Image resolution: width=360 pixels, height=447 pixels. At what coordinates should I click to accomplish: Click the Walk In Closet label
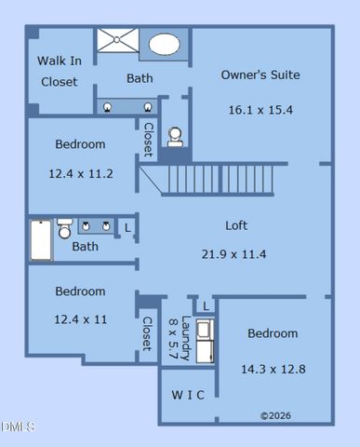pyautogui.click(x=59, y=71)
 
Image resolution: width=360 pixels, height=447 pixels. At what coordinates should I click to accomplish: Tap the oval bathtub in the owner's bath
pyautogui.click(x=165, y=44)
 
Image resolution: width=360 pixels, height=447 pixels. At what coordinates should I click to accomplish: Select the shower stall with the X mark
pyautogui.click(x=118, y=41)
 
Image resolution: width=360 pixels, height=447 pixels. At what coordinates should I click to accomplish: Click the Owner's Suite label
pyautogui.click(x=260, y=74)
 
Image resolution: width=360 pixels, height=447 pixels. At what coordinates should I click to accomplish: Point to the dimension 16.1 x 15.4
pyautogui.click(x=260, y=109)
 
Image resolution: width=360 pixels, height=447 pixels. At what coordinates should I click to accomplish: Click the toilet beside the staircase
pyautogui.click(x=174, y=137)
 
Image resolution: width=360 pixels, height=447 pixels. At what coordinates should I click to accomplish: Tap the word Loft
pyautogui.click(x=236, y=225)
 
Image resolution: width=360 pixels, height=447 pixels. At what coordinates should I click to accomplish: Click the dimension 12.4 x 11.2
pyautogui.click(x=80, y=173)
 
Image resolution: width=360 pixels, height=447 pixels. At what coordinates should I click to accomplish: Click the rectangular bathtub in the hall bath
pyautogui.click(x=42, y=240)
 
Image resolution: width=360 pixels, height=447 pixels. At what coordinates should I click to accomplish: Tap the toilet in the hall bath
pyautogui.click(x=65, y=228)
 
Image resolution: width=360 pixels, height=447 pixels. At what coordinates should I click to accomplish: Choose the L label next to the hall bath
pyautogui.click(x=127, y=227)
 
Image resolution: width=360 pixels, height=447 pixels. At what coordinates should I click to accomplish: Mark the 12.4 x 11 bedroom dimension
pyautogui.click(x=80, y=319)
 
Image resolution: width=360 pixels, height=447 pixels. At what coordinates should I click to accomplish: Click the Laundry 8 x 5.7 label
pyautogui.click(x=180, y=338)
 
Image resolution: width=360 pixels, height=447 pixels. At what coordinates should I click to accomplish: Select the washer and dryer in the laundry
pyautogui.click(x=205, y=341)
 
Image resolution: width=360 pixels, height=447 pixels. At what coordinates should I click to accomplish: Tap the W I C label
pyautogui.click(x=188, y=395)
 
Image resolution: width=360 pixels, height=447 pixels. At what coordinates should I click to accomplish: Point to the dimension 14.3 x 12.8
pyautogui.click(x=273, y=369)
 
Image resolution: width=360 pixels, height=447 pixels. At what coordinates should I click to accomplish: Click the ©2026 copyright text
pyautogui.click(x=275, y=415)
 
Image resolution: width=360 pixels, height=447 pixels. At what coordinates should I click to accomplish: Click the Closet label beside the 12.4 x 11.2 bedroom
pyautogui.click(x=148, y=139)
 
